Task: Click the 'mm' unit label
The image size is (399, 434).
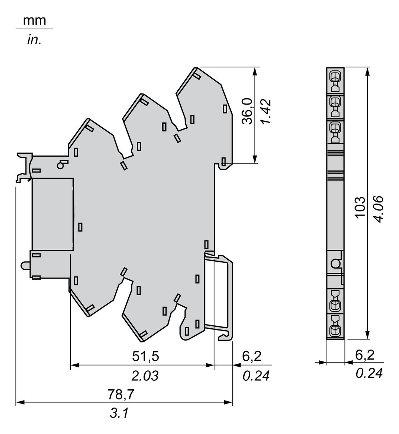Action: click(35, 20)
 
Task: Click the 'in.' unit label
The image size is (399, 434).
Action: click(34, 40)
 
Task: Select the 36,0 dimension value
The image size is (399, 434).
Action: click(247, 111)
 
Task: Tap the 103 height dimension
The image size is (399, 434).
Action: click(359, 207)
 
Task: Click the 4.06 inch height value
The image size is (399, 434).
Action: click(379, 209)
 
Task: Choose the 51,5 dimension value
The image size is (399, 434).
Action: click(145, 356)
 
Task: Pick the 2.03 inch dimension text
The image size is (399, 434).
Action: click(145, 376)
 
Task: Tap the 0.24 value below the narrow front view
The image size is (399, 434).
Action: click(369, 373)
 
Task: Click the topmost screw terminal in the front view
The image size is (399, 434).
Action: click(335, 77)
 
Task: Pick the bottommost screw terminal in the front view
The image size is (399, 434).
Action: click(335, 330)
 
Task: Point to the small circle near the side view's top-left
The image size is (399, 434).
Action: click(61, 165)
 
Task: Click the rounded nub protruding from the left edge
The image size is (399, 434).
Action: click(25, 265)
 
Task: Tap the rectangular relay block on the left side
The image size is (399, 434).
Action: click(53, 214)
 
